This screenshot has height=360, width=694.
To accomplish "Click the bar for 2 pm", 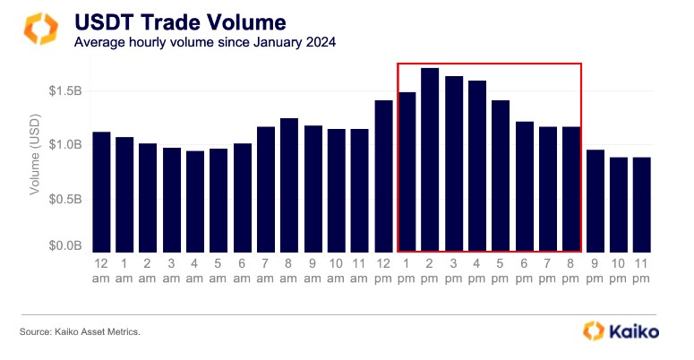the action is [x=430, y=160].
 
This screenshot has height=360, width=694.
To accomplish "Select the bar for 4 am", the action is [x=195, y=201].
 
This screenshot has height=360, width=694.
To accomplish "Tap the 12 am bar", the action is [x=101, y=193].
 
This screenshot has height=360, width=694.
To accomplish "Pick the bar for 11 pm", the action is [x=642, y=204].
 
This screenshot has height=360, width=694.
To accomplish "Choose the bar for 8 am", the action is [x=289, y=185].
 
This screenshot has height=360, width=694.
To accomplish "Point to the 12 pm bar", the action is [x=384, y=176].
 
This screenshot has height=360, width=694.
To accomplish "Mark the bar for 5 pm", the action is [x=501, y=176].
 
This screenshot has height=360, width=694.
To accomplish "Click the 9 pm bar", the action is [x=595, y=201].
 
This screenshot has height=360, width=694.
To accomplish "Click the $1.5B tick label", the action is [x=65, y=91].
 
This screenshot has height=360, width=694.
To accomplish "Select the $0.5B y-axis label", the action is [x=65, y=200].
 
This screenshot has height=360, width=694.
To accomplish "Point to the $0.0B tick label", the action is [x=65, y=245].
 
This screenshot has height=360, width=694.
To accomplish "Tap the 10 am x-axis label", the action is [x=336, y=270].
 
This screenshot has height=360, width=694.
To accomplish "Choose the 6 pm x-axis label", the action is [x=524, y=270].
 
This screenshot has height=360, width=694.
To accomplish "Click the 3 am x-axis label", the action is [x=171, y=270].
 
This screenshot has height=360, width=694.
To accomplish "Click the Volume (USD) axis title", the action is [x=35, y=155].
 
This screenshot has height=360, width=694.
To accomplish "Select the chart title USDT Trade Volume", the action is [x=180, y=22].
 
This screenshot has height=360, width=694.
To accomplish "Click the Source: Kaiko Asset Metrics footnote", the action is [x=80, y=331].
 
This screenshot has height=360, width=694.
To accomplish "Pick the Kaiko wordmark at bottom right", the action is [x=633, y=331].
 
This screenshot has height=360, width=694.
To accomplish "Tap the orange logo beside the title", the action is [x=40, y=29].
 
